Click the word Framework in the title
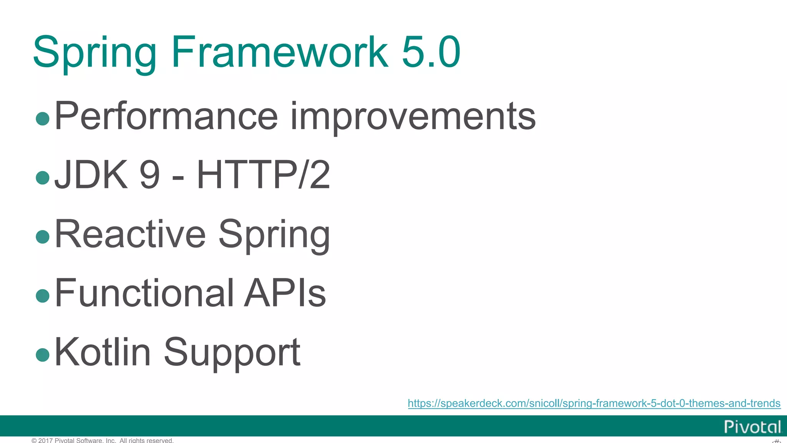point(280,52)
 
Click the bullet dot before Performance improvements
point(42,118)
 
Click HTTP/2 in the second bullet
point(263,175)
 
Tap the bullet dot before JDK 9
point(42,178)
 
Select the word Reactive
point(130,234)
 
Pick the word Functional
point(144,293)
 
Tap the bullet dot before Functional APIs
point(42,296)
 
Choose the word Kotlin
point(103,352)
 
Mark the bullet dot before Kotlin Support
point(42,355)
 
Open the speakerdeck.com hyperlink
point(594,403)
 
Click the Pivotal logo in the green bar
point(752,427)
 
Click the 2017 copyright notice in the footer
point(103,440)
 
